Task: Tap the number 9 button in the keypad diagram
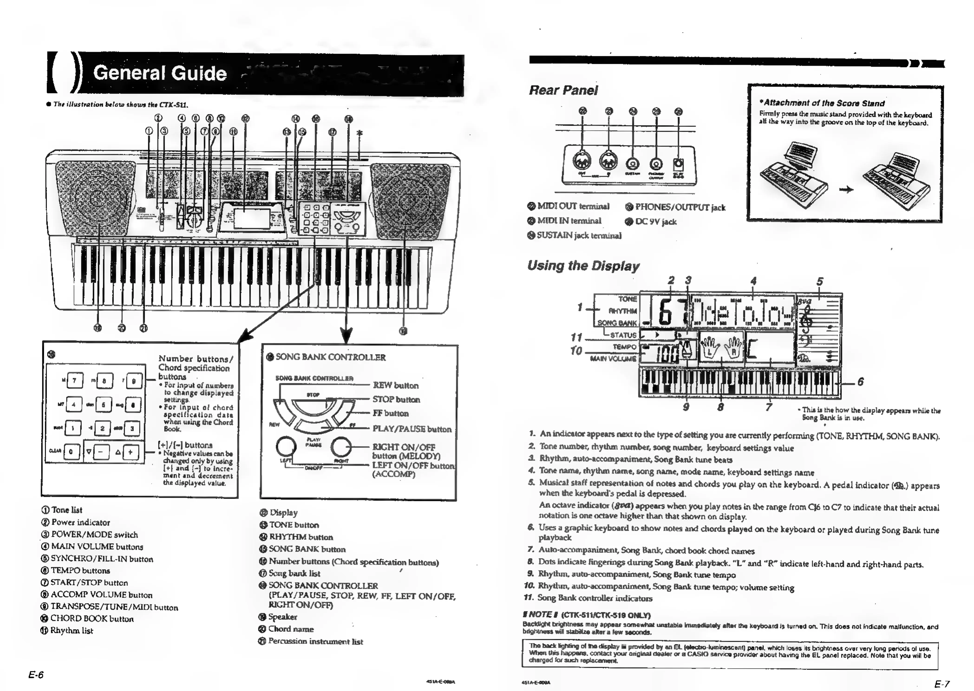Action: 133,381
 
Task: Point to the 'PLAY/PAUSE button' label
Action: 412,429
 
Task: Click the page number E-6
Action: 36,675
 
